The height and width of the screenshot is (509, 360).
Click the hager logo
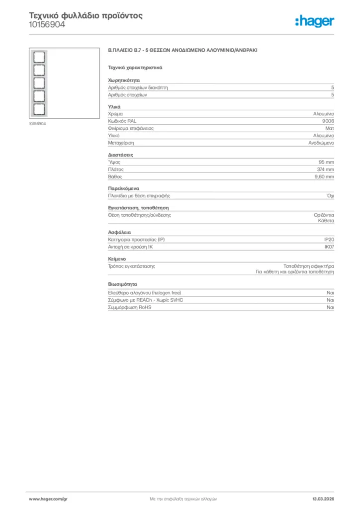[314, 21]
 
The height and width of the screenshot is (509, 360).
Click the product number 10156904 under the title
[47, 24]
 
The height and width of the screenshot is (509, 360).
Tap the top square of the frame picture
[39, 57]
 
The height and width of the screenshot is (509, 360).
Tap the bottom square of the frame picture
[39, 109]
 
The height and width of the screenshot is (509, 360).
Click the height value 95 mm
[326, 162]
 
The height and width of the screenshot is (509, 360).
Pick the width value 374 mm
[326, 170]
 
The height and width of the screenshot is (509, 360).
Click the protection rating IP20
[329, 240]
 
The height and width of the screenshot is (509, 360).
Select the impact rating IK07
[329, 247]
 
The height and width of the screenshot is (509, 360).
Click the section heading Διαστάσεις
[120, 155]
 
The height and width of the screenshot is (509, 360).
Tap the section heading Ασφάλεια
[119, 232]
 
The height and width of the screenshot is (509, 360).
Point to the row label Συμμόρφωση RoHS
[130, 308]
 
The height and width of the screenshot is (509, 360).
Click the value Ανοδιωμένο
[321, 143]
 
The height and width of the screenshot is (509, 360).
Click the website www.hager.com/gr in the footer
[48, 499]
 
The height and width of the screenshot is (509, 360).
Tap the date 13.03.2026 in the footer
[323, 499]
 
